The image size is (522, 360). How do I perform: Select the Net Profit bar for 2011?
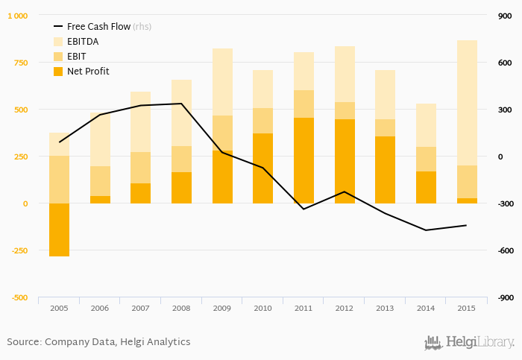[304, 160]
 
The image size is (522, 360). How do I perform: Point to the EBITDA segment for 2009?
[222, 82]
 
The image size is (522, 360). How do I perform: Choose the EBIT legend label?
[77, 57]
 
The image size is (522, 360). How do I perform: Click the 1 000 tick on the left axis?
[18, 16]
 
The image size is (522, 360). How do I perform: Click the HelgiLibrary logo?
[469, 342]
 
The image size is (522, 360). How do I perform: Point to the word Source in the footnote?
[23, 342]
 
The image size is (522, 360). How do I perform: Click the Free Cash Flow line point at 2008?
[181, 104]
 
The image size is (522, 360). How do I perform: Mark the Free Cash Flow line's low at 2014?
[426, 230]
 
